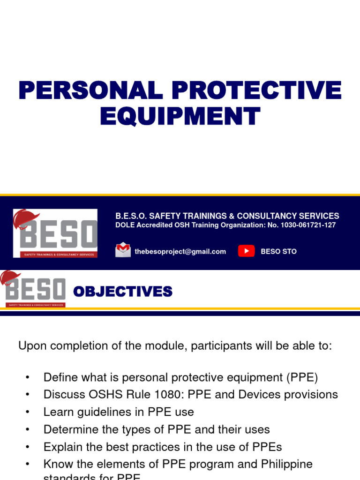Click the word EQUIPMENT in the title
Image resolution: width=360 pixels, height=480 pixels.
180,116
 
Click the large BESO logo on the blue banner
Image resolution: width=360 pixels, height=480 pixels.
55,233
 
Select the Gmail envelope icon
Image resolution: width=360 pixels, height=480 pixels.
123,250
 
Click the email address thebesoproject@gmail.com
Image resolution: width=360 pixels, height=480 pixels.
180,251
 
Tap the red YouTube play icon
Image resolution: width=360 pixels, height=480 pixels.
246,251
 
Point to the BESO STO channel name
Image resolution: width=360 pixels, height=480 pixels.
278,251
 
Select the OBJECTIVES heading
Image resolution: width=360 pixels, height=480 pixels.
123,292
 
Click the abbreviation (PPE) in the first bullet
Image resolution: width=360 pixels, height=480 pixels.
303,377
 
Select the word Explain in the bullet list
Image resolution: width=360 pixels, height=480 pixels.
60,447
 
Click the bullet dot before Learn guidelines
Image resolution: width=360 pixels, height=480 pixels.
28,412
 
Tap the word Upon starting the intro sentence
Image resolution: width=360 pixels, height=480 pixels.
31,346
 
